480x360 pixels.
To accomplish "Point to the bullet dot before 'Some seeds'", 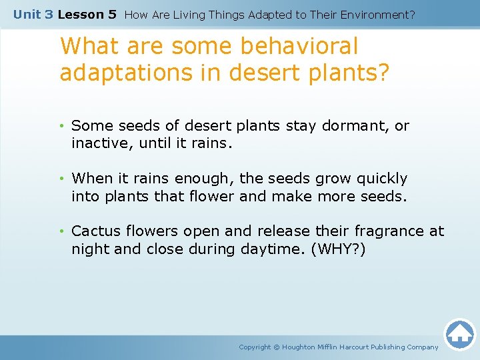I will [61, 126].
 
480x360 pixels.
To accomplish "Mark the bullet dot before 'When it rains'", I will [61, 179].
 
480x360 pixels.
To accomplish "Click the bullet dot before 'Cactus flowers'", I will [61, 231].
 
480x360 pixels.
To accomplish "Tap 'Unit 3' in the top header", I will [33, 14].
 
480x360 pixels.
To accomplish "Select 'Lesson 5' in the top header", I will [87, 14].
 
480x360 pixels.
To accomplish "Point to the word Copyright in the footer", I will [255, 347].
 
